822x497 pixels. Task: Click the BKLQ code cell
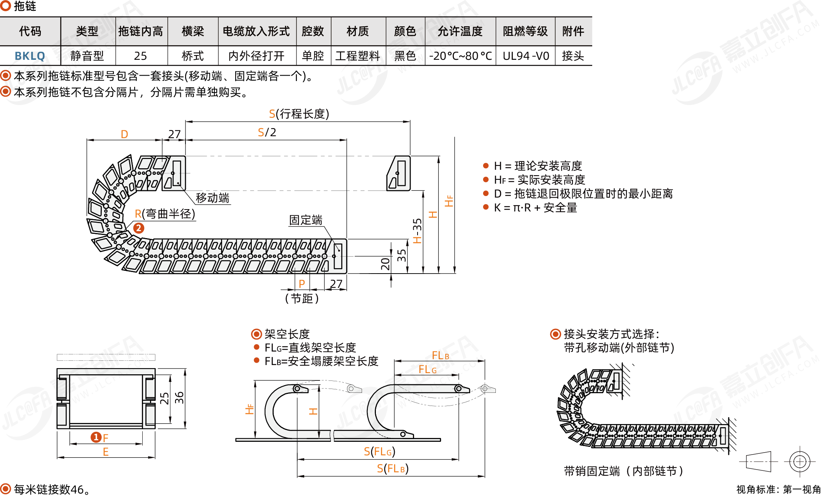pyautogui.click(x=30, y=56)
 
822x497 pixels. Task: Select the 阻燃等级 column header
pyautogui.click(x=525, y=31)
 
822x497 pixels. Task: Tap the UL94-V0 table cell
pyautogui.click(x=526, y=56)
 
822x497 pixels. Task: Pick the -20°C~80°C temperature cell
pyautogui.click(x=460, y=56)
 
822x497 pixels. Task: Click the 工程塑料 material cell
pyautogui.click(x=358, y=56)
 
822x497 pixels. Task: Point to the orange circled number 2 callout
pyautogui.click(x=139, y=228)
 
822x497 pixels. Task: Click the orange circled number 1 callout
pyautogui.click(x=96, y=437)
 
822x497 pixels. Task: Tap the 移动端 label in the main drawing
pyautogui.click(x=212, y=198)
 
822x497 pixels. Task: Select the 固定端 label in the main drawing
pyautogui.click(x=306, y=220)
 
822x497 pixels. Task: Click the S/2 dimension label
pyautogui.click(x=267, y=132)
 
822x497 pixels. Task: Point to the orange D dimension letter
pyautogui.click(x=124, y=134)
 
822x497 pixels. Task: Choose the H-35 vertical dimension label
pyautogui.click(x=417, y=231)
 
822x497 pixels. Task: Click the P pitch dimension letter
pyautogui.click(x=302, y=284)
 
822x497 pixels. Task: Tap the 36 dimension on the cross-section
pyautogui.click(x=179, y=398)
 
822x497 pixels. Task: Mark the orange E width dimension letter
pyautogui.click(x=106, y=452)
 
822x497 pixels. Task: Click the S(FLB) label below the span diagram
pyautogui.click(x=392, y=468)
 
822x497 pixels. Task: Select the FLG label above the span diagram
pyautogui.click(x=428, y=369)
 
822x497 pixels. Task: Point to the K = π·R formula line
pyautogui.click(x=535, y=208)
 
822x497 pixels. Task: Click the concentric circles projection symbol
pyautogui.click(x=800, y=461)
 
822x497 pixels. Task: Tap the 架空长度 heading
pyautogui.click(x=287, y=334)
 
